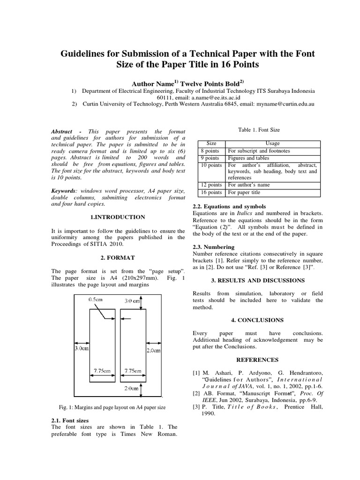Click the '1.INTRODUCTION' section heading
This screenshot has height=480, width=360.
coord(117,217)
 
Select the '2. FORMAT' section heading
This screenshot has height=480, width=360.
coord(118,258)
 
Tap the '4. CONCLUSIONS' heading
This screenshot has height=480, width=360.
coord(257,320)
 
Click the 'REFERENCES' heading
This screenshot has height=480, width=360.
coord(257,360)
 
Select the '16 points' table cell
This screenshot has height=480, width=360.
coord(211,192)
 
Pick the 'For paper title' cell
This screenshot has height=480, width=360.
coord(244,192)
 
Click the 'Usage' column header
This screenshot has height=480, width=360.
coord(272,143)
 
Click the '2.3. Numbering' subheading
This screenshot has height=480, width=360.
coord(214,247)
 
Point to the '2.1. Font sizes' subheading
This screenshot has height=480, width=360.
coord(69,420)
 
